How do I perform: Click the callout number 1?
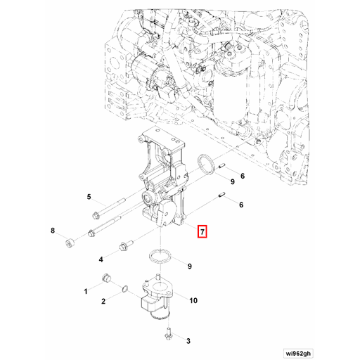(86, 290)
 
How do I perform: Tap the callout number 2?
(103, 302)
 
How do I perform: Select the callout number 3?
(188, 341)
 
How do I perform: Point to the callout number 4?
(100, 258)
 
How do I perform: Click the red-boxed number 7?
(202, 231)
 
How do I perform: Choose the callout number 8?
(52, 231)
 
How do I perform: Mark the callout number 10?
(193, 301)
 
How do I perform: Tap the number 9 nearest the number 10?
(189, 266)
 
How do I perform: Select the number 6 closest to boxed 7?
(242, 205)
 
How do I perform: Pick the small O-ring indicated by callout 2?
(124, 288)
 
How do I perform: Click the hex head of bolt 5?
(95, 216)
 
